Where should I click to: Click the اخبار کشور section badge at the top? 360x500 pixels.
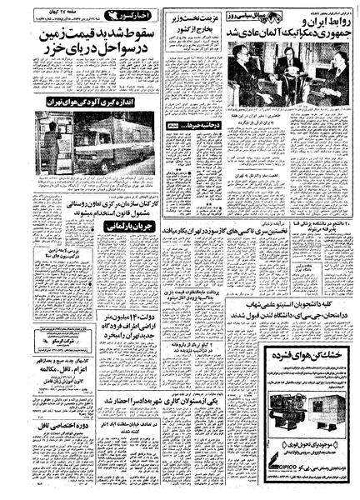click(134, 17)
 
